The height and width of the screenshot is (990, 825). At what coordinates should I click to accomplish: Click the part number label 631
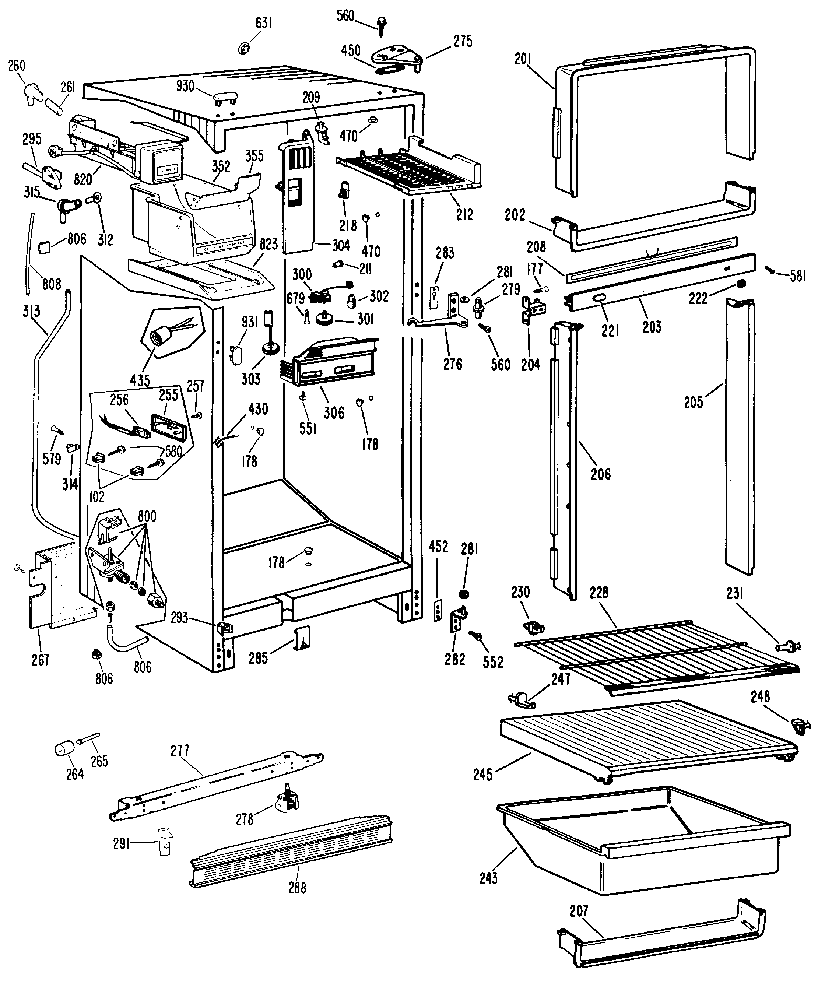pos(264,22)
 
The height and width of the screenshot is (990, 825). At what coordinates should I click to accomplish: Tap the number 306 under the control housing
pos(334,412)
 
